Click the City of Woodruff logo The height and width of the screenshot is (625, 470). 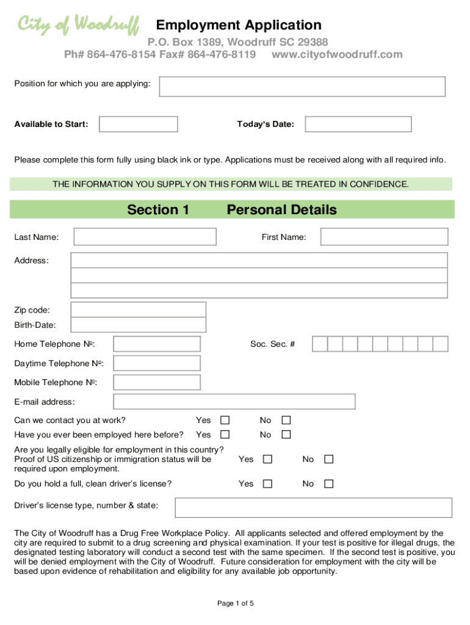(78, 25)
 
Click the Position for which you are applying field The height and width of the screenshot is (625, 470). (302, 86)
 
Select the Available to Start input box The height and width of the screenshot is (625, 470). (139, 125)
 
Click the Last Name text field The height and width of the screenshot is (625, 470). (145, 237)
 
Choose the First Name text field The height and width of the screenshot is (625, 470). (384, 237)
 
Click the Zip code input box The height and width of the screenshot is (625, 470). (139, 310)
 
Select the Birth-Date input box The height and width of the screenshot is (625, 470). (139, 325)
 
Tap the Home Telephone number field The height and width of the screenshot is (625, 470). (157, 344)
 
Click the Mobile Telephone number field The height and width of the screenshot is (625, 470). (157, 383)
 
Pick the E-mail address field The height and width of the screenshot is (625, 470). (234, 402)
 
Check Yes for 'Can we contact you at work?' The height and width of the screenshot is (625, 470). (225, 421)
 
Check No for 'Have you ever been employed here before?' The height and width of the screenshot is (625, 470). (286, 435)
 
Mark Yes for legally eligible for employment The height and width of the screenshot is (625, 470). (267, 459)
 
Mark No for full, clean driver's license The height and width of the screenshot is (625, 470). (328, 484)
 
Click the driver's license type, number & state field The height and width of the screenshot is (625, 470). (314, 507)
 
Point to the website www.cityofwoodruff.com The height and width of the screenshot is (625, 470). (337, 54)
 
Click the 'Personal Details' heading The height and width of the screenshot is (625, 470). (281, 210)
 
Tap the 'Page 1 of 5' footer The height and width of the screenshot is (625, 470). (235, 604)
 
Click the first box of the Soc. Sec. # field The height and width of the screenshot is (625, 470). (320, 344)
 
